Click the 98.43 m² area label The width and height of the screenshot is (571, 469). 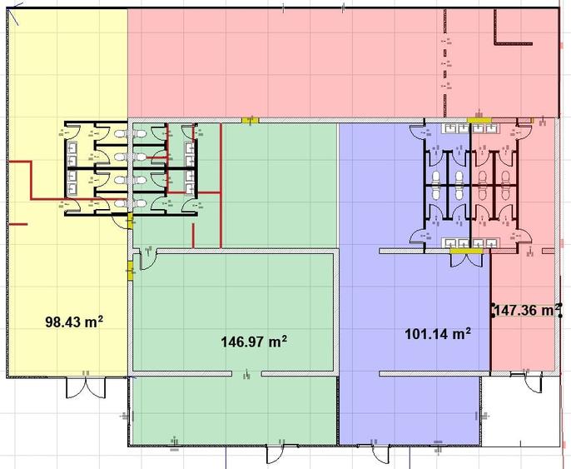click(x=74, y=322)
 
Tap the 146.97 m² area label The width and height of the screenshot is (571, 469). click(x=254, y=342)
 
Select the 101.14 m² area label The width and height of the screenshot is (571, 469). click(x=438, y=333)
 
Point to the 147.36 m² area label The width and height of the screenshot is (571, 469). click(x=527, y=311)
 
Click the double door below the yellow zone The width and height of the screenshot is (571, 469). click(x=86, y=387)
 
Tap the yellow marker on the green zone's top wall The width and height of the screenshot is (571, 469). click(x=251, y=120)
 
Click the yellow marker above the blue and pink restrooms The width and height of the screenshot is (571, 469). click(x=479, y=120)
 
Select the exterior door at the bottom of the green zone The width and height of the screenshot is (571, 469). click(x=276, y=454)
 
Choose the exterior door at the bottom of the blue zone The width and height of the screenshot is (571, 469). click(x=380, y=454)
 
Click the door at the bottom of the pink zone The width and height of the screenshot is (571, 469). click(x=533, y=382)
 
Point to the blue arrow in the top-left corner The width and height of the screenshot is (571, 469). click(x=15, y=14)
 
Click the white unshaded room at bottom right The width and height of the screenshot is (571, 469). click(x=521, y=411)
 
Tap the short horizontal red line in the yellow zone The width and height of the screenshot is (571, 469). click(x=17, y=224)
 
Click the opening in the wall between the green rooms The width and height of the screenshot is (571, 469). click(x=247, y=373)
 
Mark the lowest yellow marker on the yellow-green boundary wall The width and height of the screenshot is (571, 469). click(x=130, y=271)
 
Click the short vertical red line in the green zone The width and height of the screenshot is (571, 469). click(x=193, y=236)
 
